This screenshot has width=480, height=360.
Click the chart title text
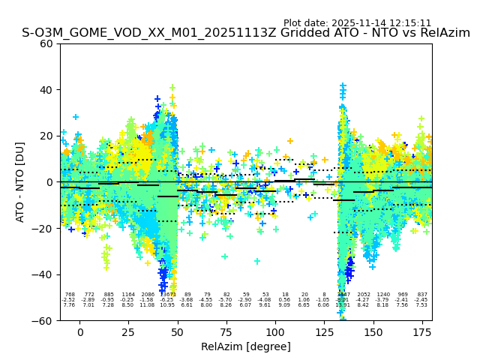tap(246, 33)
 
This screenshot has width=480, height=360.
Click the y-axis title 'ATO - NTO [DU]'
tap(20, 181)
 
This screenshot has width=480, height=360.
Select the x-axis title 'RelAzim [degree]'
tap(246, 346)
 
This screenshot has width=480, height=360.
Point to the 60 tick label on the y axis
tap(47, 43)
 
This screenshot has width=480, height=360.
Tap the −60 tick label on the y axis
tap(44, 320)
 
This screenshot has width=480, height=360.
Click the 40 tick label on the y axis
tap(47, 90)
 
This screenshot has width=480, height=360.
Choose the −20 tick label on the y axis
tap(44, 228)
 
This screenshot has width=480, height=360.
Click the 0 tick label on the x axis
tap(80, 332)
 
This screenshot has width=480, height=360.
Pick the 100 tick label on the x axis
tap(275, 332)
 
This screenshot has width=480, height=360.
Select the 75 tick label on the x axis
tap(226, 332)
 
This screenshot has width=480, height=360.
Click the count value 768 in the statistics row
tap(70, 295)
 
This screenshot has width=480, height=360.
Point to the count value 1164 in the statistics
tap(128, 295)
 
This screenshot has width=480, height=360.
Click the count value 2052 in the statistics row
tap(364, 295)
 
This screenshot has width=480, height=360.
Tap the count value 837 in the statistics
tap(422, 295)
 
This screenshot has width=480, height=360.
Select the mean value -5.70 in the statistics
tap(226, 300)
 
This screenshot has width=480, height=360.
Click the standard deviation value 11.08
tap(148, 305)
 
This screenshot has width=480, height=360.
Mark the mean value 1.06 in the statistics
tap(304, 300)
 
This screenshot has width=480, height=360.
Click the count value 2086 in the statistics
tap(148, 295)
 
